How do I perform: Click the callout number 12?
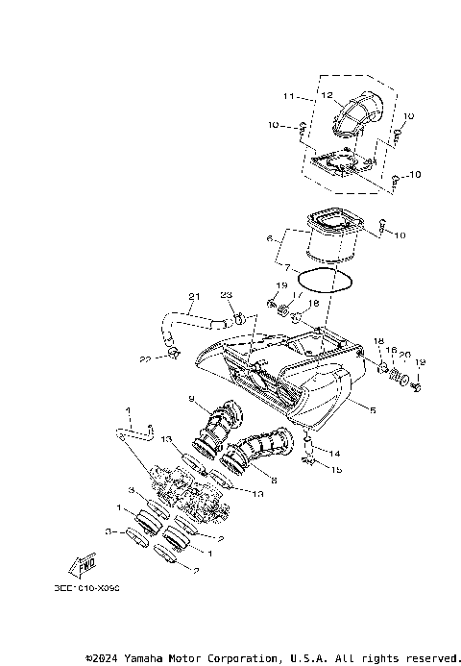(x=327, y=95)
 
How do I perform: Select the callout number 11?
(x=288, y=97)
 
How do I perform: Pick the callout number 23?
(x=227, y=295)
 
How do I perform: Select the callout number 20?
(x=405, y=354)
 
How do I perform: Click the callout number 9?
(x=191, y=400)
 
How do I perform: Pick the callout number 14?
(x=335, y=453)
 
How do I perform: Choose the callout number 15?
(x=335, y=469)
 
